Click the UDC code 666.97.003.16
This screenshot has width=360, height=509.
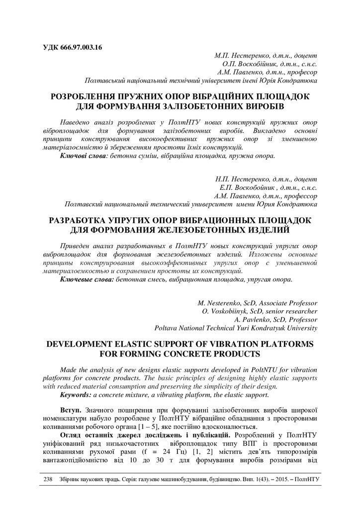[79, 48]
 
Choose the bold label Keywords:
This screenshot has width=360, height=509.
[76, 395]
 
